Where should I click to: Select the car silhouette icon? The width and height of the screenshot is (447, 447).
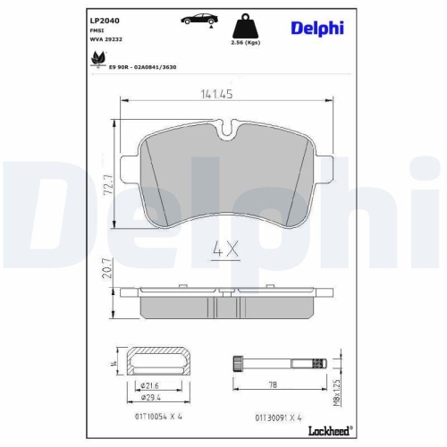tap(197, 19)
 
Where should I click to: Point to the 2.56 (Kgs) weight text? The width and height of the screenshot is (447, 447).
tap(244, 42)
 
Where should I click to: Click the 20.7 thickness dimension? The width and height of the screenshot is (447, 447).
tap(106, 269)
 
